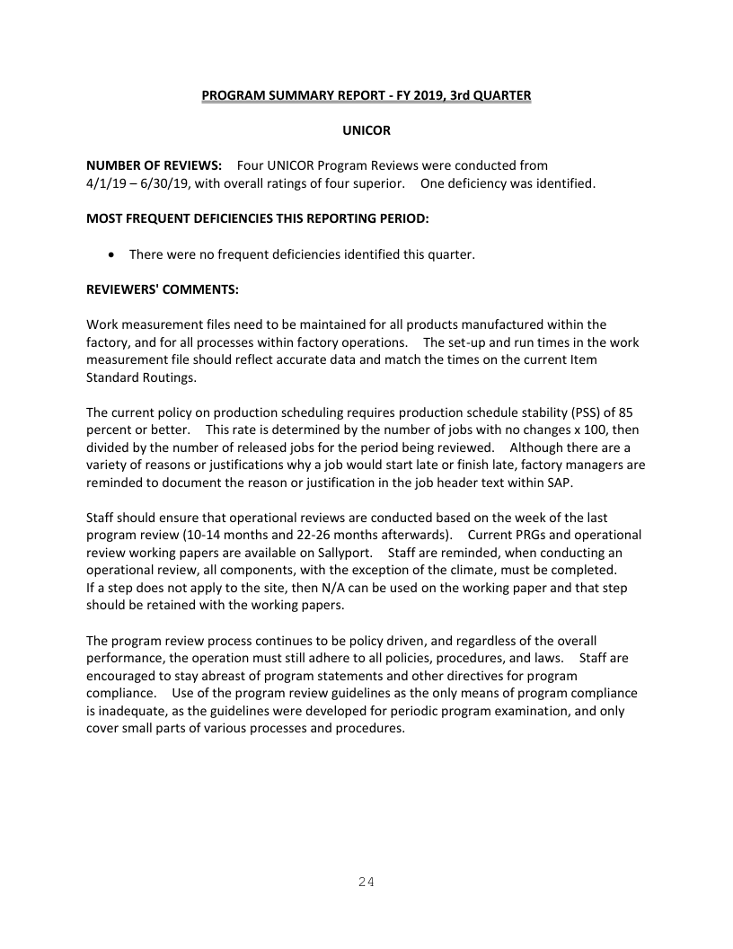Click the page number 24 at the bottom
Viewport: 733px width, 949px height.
point(366,882)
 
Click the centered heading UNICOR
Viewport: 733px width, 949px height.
point(366,130)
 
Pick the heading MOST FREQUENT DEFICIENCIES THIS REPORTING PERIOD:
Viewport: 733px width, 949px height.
point(257,218)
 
